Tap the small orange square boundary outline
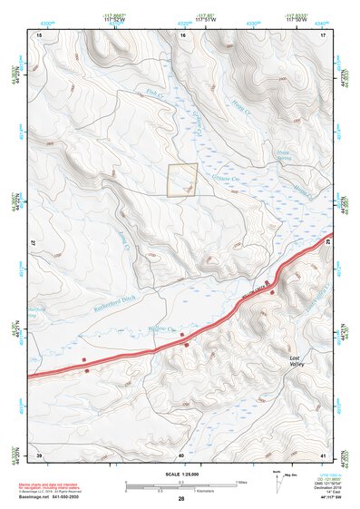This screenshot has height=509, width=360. click(182, 180)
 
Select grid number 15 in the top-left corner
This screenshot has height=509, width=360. click(39, 34)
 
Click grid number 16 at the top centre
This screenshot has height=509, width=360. click(182, 34)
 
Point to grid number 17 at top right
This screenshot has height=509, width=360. click(323, 34)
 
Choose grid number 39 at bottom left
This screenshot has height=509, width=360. click(39, 455)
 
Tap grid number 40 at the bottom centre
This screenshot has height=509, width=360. click(181, 455)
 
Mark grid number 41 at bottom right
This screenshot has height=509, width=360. click(323, 455)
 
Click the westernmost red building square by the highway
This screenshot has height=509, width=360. click(84, 360)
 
